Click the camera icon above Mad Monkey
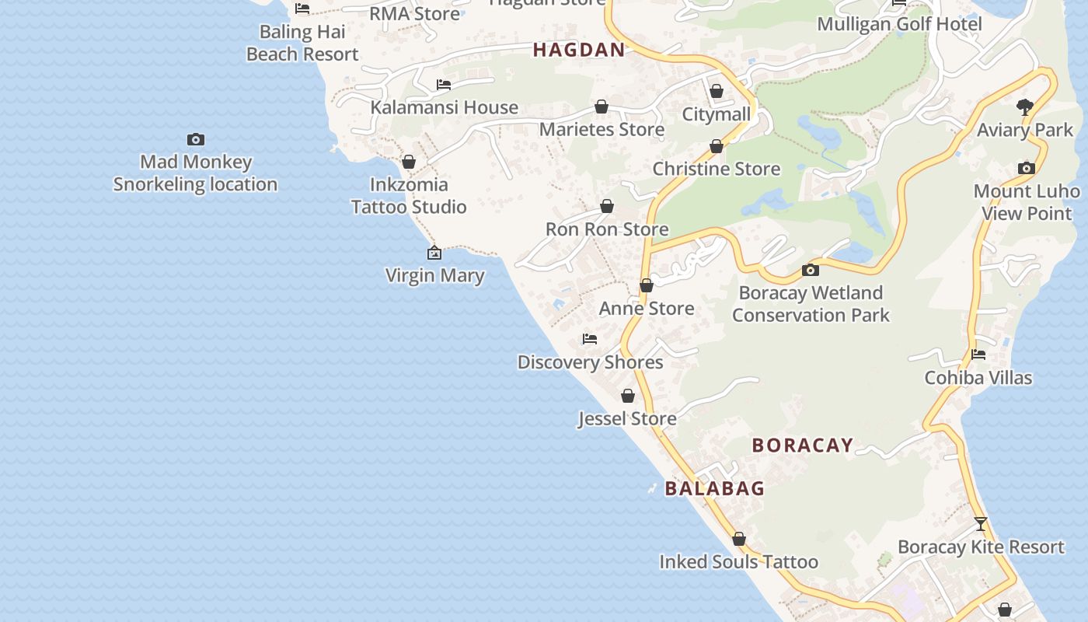coord(196,140)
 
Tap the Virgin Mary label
coord(434,275)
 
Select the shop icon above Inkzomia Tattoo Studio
coord(408,162)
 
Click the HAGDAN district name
coord(579,50)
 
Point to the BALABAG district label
coord(715,488)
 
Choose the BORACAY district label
coord(803,445)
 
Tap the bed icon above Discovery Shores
coord(590,339)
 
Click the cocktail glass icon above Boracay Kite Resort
coord(981,524)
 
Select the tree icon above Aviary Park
coord(1025,107)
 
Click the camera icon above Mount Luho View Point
coord(1027,168)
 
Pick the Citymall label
coord(717,114)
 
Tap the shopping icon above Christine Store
coord(717,146)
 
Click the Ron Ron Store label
coord(607,229)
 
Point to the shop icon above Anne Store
coord(646,286)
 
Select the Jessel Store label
coord(627,419)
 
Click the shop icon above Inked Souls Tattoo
coord(739,539)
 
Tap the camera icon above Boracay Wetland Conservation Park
coord(811,270)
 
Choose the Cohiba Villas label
coord(978,378)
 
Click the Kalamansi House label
coord(444,107)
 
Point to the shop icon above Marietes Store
coord(602,107)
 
